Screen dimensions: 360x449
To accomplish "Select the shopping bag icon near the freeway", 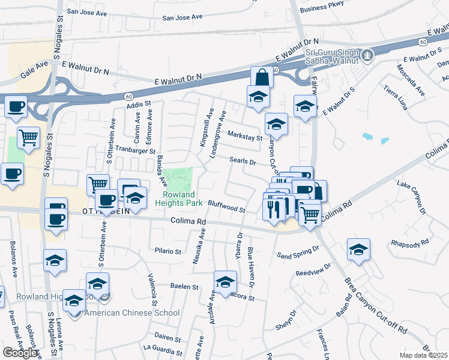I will [262, 77].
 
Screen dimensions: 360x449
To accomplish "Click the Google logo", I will [20, 352].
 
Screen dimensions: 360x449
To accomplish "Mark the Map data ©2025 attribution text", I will [423, 355].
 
